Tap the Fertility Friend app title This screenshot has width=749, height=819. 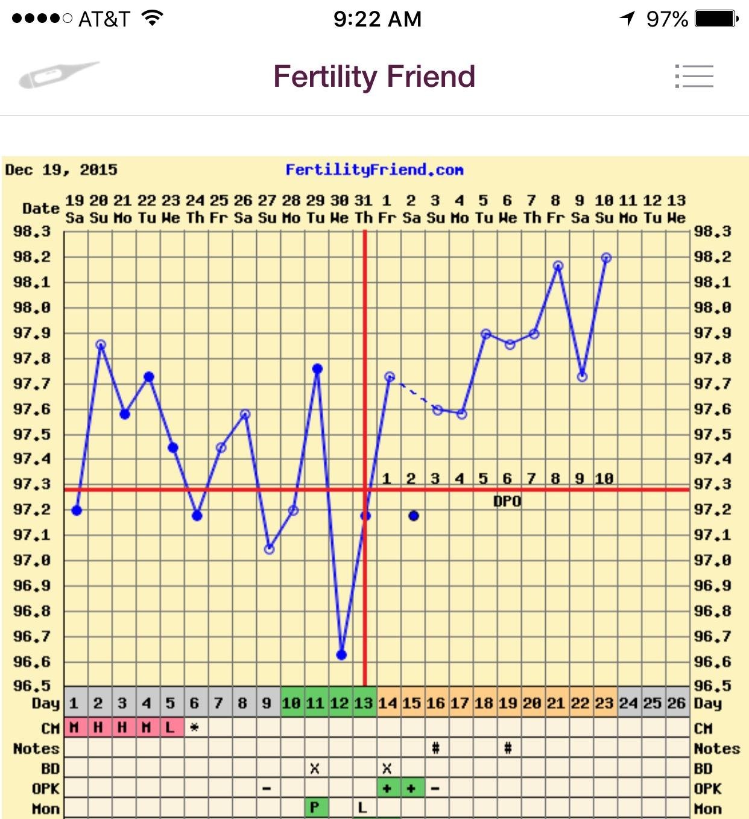(374, 77)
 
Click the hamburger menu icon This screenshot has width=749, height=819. (694, 77)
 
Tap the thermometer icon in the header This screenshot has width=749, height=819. (58, 75)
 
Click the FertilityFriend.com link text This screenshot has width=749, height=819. (374, 170)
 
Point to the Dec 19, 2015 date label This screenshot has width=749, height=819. (61, 170)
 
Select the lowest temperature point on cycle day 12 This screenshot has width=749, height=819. (341, 654)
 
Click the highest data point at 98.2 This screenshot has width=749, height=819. (606, 258)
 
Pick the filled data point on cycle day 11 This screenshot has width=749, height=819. (317, 368)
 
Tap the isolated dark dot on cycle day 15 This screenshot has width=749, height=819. (413, 516)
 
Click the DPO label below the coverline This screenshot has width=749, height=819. (507, 502)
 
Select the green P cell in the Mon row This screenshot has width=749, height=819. (314, 808)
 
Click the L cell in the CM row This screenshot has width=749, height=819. (170, 727)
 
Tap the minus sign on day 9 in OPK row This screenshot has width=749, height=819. (267, 788)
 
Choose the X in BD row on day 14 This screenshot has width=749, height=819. (387, 768)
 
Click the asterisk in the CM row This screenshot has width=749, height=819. (194, 727)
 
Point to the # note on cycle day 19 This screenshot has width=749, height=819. (508, 748)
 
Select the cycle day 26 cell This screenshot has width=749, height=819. (676, 703)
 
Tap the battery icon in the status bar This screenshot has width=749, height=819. (716, 19)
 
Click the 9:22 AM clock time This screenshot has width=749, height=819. (377, 19)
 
